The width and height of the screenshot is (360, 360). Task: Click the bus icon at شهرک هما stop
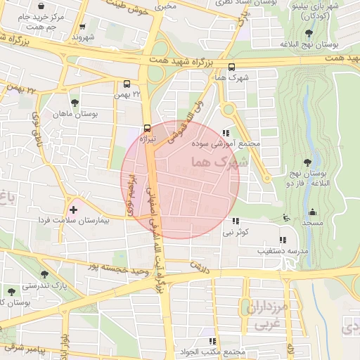point(231,67)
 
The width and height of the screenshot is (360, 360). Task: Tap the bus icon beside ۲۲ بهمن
point(127,82)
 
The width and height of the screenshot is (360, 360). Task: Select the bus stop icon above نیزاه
point(147,128)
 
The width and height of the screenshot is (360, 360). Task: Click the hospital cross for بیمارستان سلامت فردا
point(73,210)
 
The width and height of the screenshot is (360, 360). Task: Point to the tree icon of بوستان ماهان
point(74,103)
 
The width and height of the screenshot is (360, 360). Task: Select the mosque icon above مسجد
point(312,212)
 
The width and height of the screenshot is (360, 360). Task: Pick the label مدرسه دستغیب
point(262,250)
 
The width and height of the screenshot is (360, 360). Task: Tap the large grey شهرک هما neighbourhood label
point(219,163)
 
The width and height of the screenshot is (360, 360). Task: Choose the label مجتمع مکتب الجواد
point(212,352)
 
